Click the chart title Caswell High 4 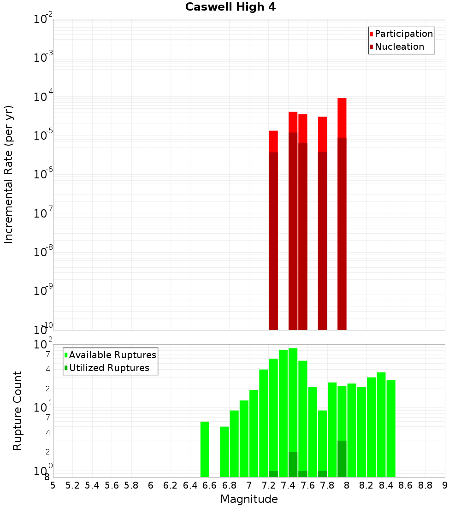click(x=230, y=7)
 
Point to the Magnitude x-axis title click(x=249, y=499)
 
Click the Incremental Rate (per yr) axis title click(x=9, y=174)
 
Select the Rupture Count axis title click(x=18, y=410)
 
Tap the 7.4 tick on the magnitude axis click(x=288, y=485)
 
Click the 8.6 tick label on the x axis click(x=406, y=485)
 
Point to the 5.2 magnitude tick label click(x=73, y=485)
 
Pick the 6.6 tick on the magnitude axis click(x=210, y=485)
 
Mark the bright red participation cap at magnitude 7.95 click(x=342, y=118)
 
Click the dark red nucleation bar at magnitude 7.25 click(x=273, y=240)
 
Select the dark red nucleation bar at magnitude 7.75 click(x=322, y=240)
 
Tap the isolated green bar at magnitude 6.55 click(x=205, y=449)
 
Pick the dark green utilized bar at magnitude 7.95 click(x=342, y=459)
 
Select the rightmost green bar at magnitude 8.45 click(x=391, y=429)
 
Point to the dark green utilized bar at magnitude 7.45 click(x=293, y=464)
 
